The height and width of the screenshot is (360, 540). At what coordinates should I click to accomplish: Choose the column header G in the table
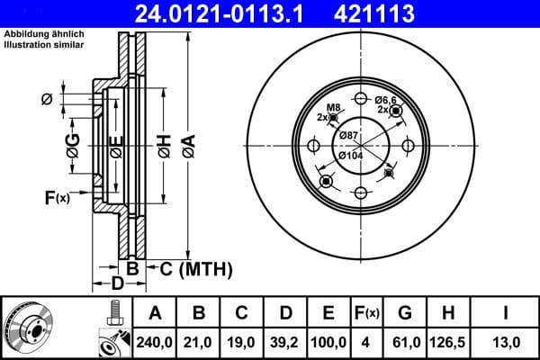coord(405,313)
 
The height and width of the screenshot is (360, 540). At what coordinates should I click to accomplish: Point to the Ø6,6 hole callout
coord(388,100)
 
